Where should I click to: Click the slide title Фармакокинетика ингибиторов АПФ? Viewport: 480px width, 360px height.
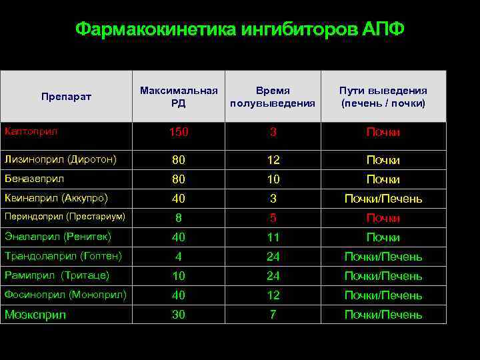[239, 30]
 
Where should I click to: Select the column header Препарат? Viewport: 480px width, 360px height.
[66, 97]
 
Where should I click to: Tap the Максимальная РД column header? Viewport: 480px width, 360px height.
[179, 97]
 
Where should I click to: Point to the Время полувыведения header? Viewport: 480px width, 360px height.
[273, 97]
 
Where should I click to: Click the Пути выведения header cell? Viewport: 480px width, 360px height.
[383, 97]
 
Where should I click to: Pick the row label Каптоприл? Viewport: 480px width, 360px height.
[31, 131]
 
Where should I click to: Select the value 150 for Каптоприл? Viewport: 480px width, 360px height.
[179, 132]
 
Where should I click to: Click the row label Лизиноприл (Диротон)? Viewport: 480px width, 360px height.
[61, 160]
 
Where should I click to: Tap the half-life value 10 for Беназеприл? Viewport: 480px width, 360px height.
[273, 179]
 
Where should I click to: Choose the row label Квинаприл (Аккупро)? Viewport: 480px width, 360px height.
[56, 198]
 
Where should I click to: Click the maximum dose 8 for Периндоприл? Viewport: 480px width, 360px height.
[179, 217]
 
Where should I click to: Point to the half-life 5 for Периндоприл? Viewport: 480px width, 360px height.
[273, 217]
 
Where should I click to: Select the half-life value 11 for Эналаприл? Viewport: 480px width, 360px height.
[273, 237]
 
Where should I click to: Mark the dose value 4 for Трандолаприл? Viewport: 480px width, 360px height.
[179, 256]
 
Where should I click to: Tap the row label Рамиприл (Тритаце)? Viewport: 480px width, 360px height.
[57, 275]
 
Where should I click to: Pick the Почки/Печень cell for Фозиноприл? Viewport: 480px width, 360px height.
[383, 295]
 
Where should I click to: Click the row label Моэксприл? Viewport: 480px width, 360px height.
[35, 315]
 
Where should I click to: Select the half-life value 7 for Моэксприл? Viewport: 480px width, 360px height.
[273, 314]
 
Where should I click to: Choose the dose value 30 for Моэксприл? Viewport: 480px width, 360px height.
[179, 314]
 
